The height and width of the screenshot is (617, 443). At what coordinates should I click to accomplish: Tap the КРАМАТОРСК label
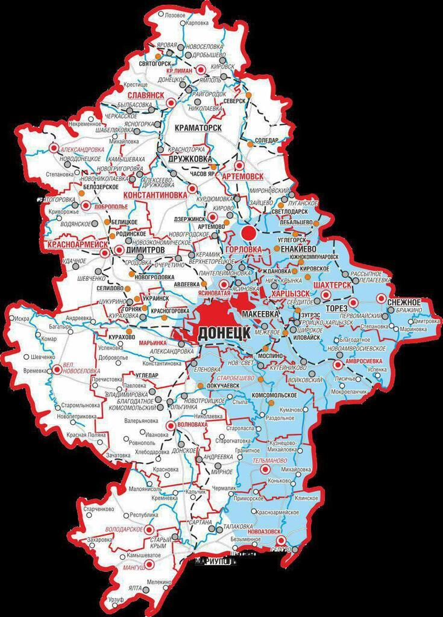(x=197, y=128)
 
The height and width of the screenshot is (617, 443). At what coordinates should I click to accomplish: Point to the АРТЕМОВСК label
(x=243, y=176)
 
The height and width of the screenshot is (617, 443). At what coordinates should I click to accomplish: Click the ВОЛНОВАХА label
(x=192, y=425)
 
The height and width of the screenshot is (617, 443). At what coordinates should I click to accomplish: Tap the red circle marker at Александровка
(x=54, y=148)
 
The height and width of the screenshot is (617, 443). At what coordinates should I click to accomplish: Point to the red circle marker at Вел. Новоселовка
(x=57, y=369)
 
